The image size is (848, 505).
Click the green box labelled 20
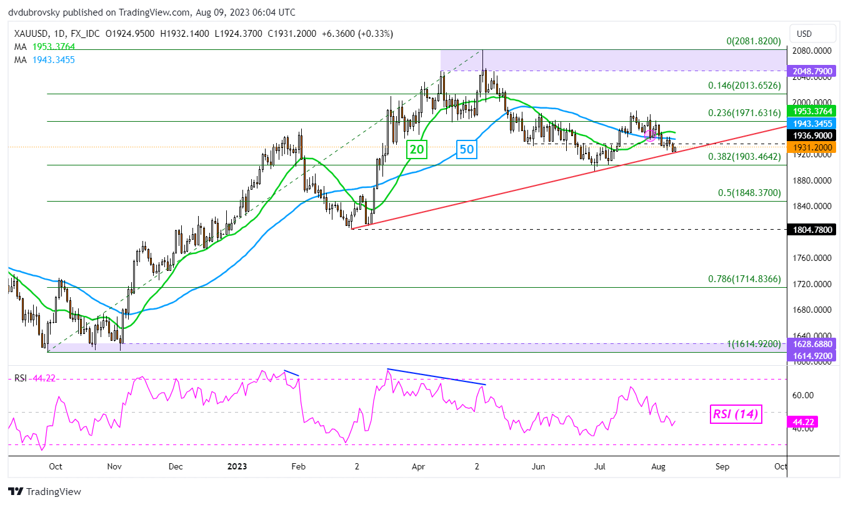[417, 149]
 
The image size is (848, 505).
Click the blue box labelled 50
[467, 149]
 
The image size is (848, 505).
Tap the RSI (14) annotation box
[737, 414]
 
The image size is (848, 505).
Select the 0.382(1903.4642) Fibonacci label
[744, 157]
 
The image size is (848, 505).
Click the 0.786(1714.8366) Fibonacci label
[744, 279]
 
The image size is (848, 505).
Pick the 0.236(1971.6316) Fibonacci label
[744, 113]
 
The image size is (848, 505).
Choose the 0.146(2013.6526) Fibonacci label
[744, 86]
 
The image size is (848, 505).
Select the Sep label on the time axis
[722, 466]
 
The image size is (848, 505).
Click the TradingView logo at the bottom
[44, 491]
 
